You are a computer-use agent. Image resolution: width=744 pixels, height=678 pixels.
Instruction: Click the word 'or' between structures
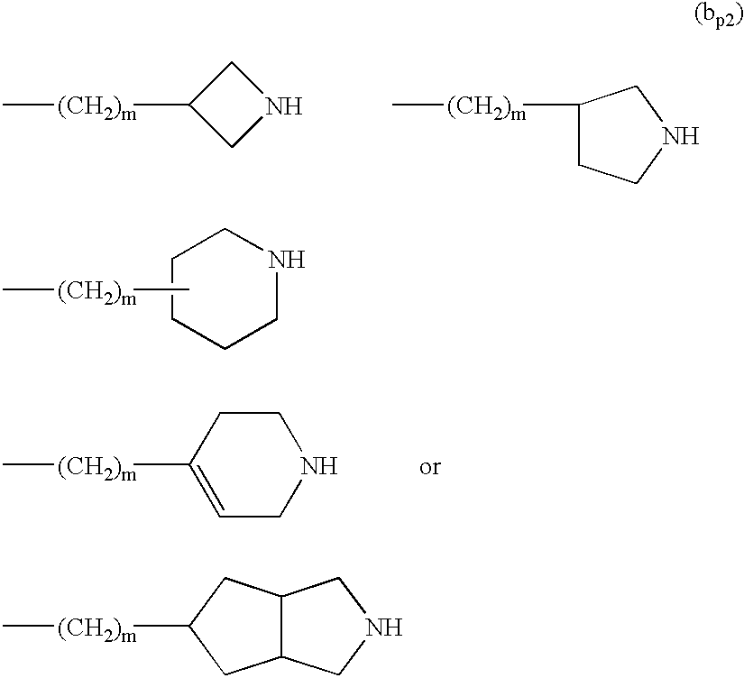pos(430,468)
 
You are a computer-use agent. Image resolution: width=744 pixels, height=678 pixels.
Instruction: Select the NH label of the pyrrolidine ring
pos(681,137)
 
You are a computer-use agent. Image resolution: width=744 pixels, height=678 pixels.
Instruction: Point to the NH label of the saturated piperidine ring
pos(287,261)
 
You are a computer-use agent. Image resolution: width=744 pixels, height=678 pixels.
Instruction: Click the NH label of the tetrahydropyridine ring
pos(318,467)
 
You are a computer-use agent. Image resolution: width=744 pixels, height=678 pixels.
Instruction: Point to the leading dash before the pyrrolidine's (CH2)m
pos(417,106)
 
